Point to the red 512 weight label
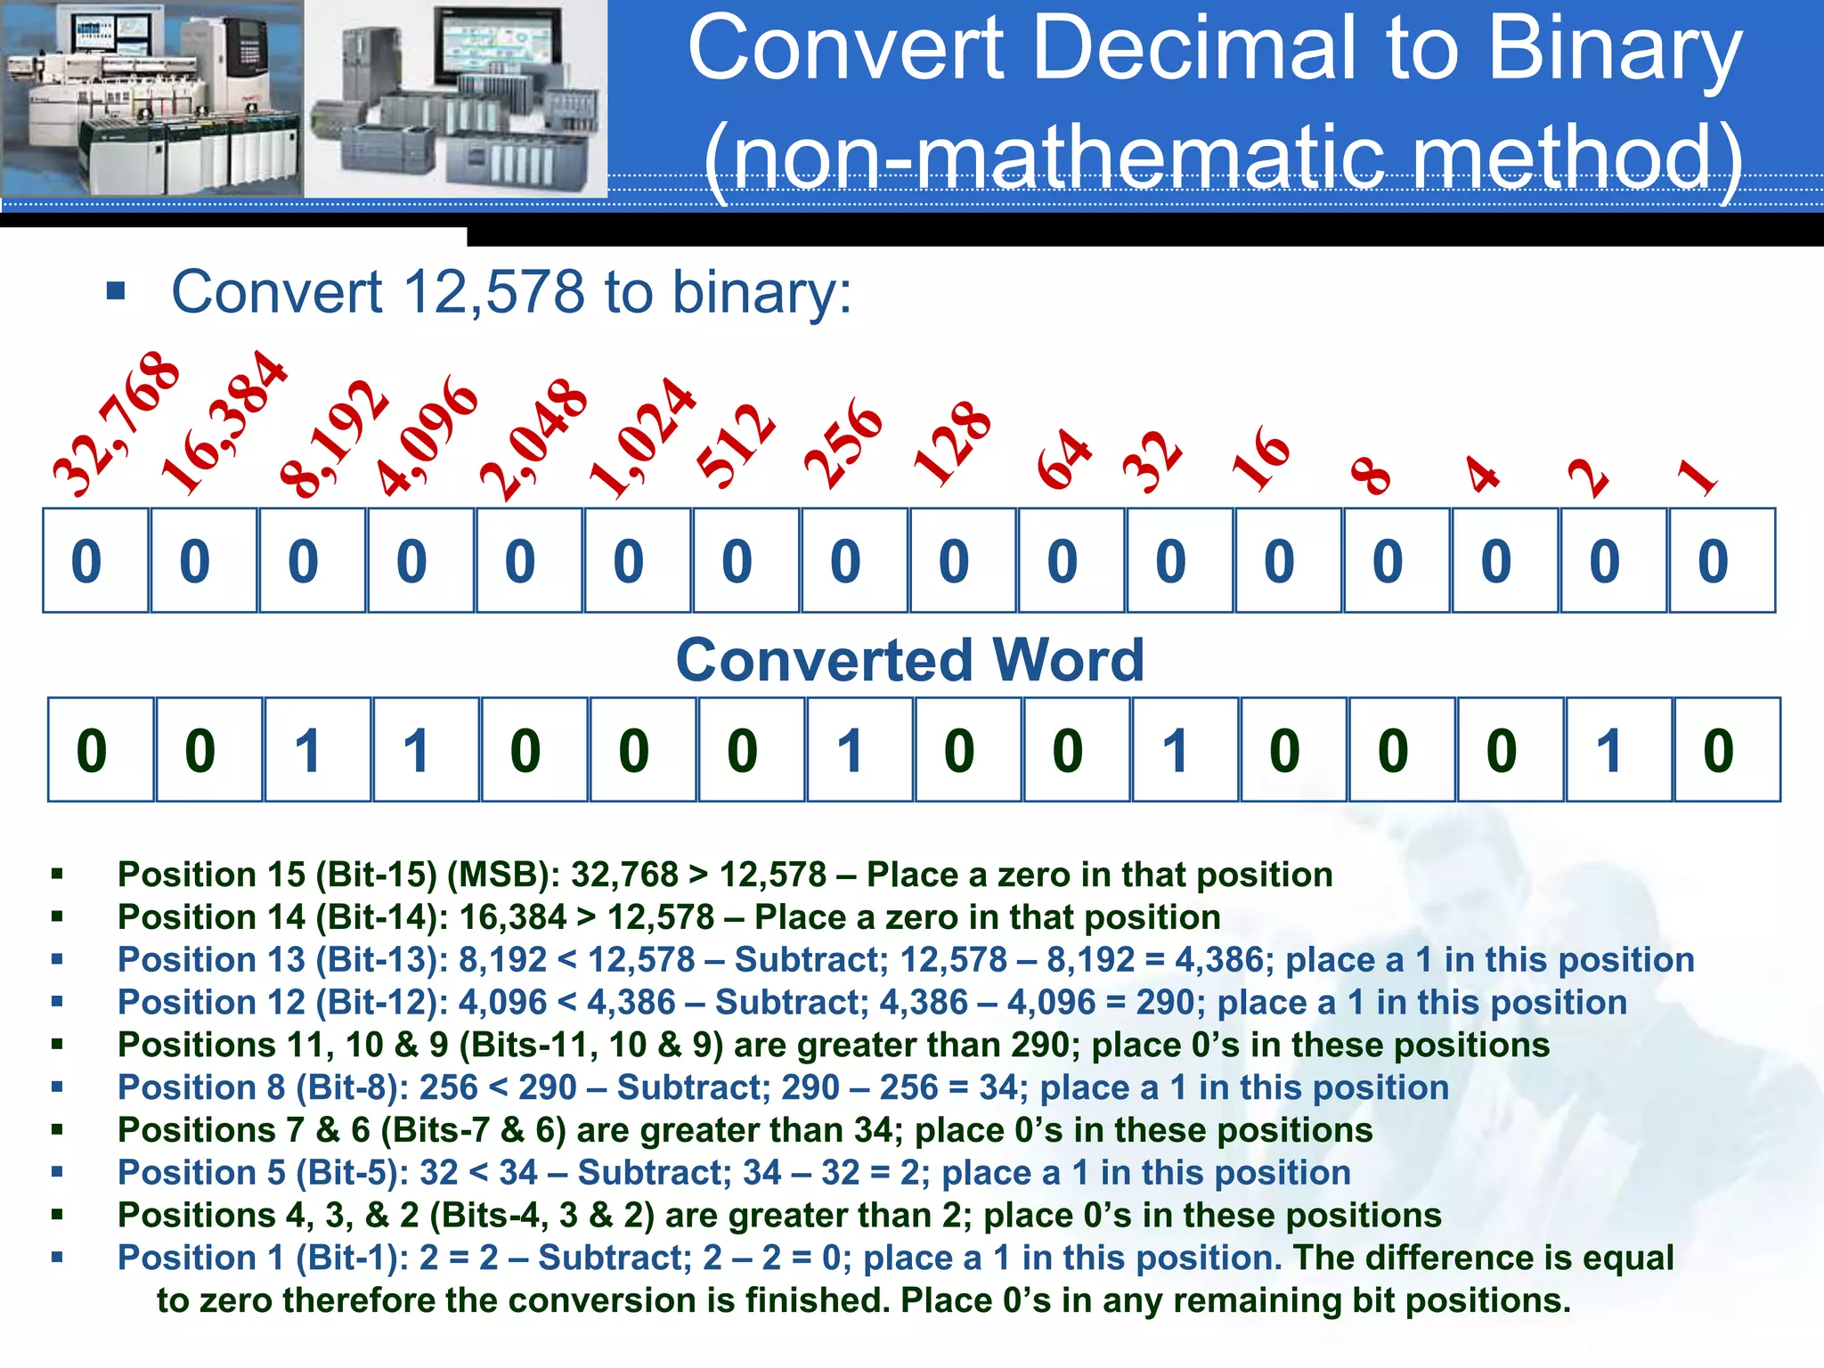(x=736, y=445)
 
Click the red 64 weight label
(x=1063, y=459)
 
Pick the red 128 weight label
(x=951, y=443)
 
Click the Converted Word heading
(x=909, y=660)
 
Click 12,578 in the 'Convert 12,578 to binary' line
(x=494, y=292)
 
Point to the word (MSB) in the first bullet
(x=502, y=875)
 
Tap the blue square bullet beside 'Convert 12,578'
(x=115, y=290)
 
